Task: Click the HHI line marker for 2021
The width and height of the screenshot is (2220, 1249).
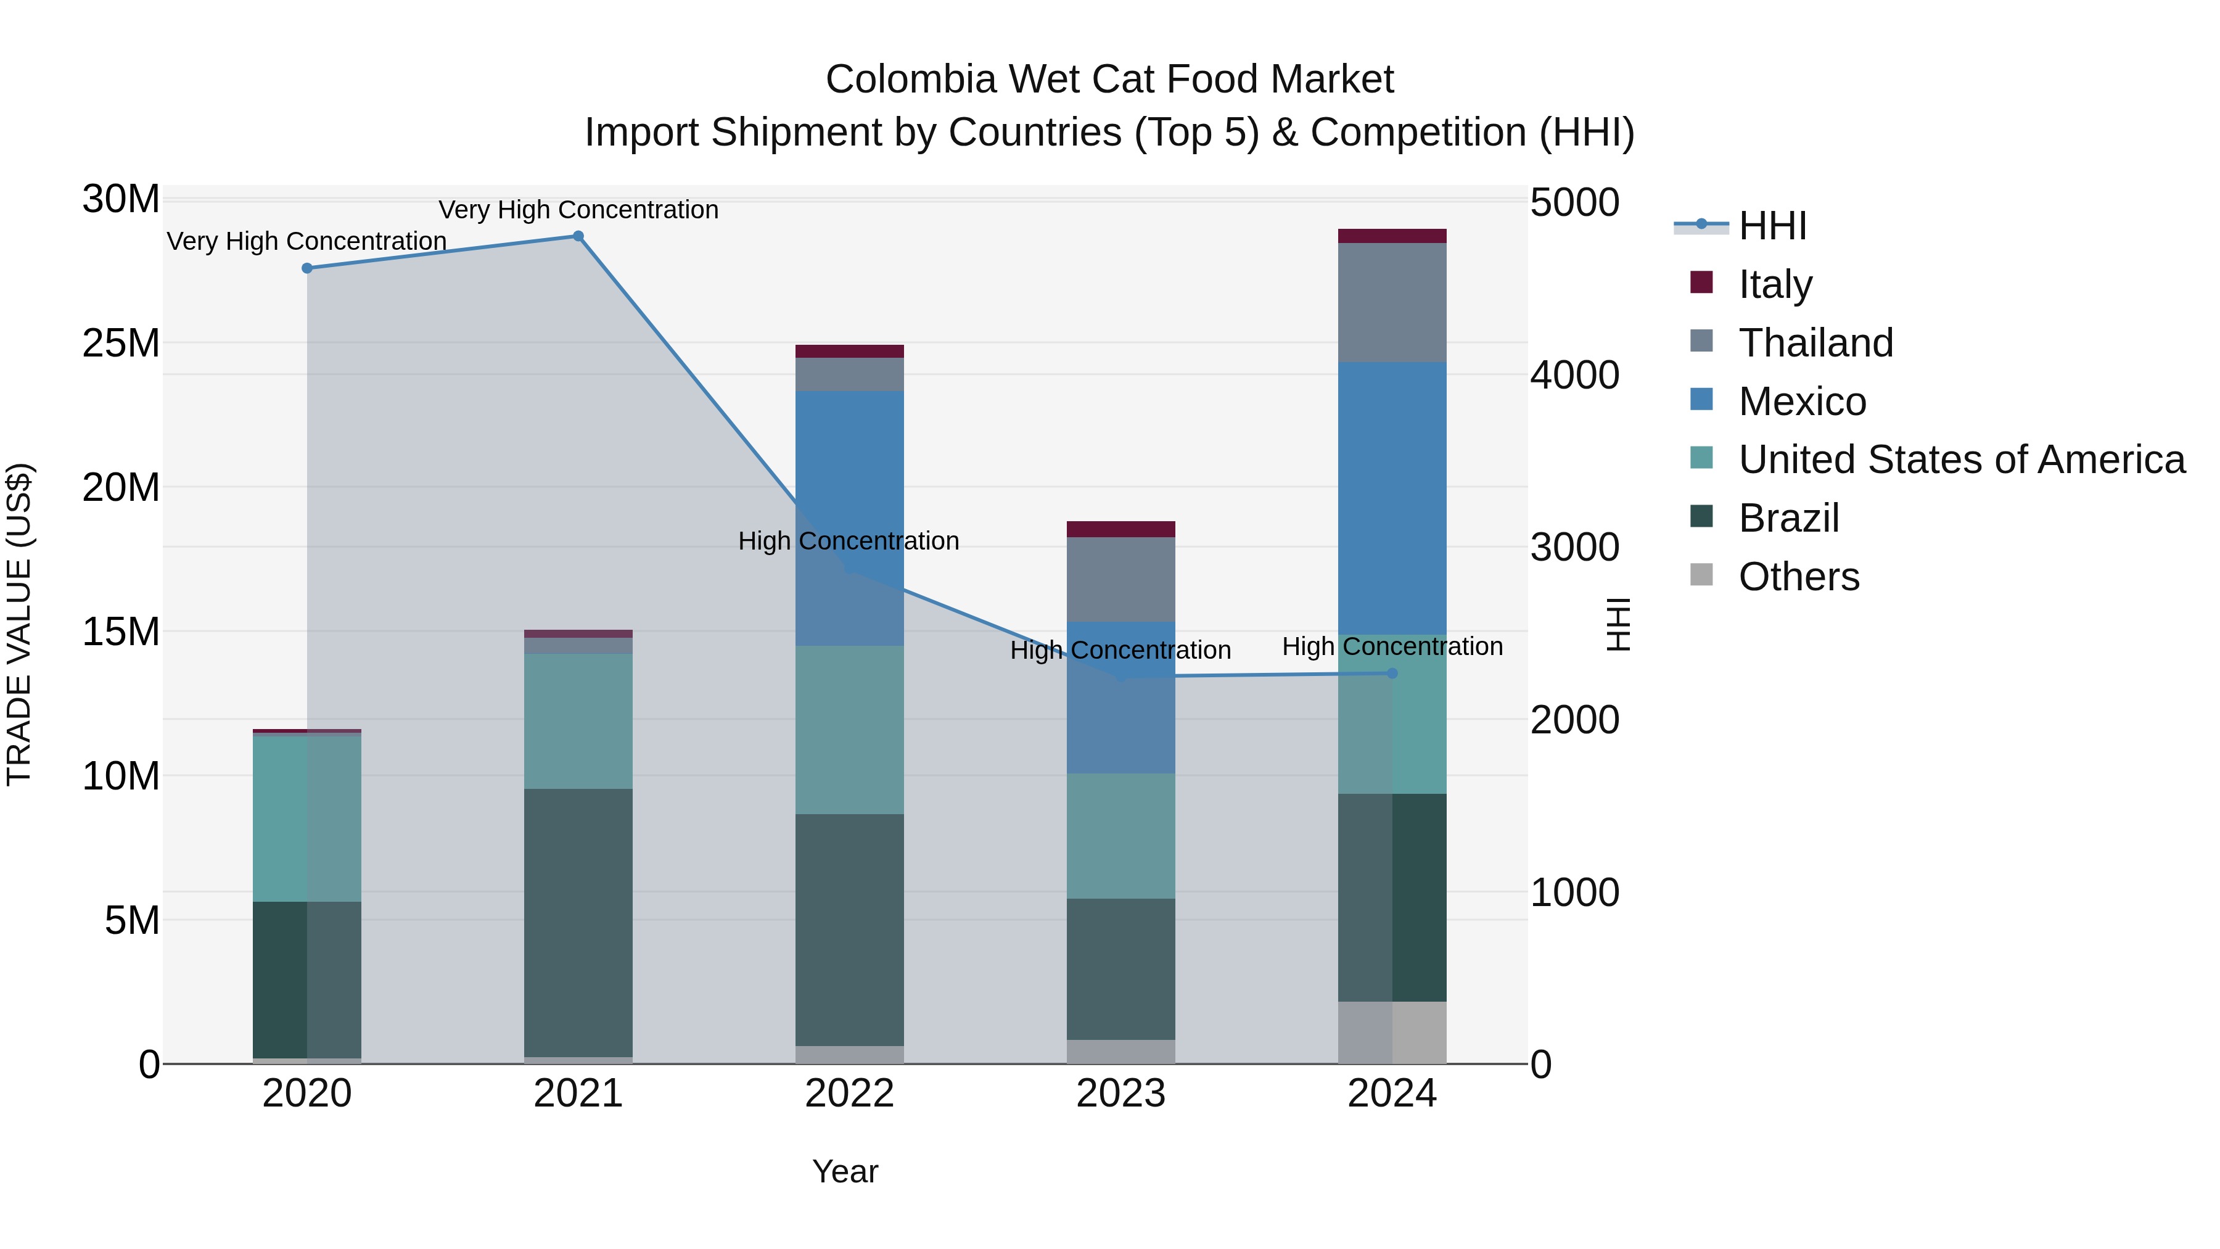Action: [x=578, y=236]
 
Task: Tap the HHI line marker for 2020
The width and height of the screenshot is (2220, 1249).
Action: [x=307, y=268]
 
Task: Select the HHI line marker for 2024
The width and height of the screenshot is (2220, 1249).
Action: [x=1392, y=673]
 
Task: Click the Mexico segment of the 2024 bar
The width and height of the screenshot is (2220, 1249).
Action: [x=1392, y=498]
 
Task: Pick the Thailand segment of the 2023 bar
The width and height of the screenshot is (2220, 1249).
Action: [x=1120, y=579]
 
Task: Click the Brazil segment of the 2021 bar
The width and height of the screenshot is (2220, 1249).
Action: [x=578, y=922]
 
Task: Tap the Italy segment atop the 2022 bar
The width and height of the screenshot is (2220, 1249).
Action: [x=849, y=351]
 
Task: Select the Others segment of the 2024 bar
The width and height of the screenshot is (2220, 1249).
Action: [x=1392, y=1032]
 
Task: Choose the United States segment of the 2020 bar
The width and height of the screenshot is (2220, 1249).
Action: [x=307, y=819]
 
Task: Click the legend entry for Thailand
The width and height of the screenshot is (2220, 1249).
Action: [x=1815, y=343]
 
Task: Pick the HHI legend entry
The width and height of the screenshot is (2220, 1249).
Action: [x=1772, y=226]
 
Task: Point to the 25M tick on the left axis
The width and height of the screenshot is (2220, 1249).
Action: [x=121, y=343]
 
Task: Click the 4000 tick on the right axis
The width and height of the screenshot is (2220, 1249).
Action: [x=1574, y=375]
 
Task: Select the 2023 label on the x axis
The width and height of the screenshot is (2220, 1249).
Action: [x=1120, y=1094]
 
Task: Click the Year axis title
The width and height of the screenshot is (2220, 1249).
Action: [x=845, y=1171]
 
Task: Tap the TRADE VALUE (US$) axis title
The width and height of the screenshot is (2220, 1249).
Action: [x=19, y=624]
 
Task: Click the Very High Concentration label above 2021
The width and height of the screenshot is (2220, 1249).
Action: [x=578, y=210]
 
